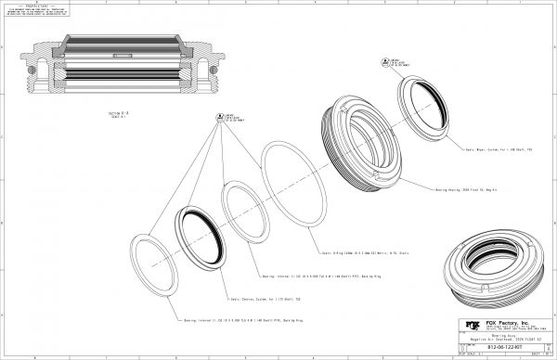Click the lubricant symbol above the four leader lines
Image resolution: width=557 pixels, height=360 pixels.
coord(222,117)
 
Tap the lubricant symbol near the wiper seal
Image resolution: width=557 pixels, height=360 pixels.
coord(390,61)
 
